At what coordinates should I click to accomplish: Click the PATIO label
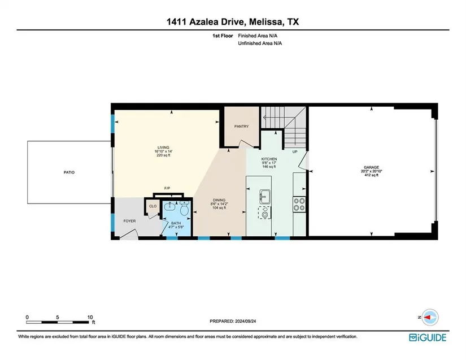pos(69,172)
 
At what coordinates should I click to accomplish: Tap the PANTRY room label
pos(241,127)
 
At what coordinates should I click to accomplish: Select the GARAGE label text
pos(372,167)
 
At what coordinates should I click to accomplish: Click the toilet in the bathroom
pos(185,208)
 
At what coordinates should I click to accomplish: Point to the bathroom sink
pos(171,206)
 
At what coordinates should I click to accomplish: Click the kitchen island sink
pos(265,197)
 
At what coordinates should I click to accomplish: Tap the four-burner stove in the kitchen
pos(299,204)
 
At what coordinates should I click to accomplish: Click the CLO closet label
pos(153,206)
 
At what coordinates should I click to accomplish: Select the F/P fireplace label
pos(167,188)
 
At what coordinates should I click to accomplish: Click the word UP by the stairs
pos(295,152)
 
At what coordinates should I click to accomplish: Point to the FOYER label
pos(129,221)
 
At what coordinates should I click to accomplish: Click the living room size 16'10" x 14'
pos(163,151)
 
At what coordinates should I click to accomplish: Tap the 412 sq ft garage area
pos(372,175)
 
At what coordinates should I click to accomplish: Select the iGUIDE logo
pos(428,338)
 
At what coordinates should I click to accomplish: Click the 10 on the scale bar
pos(90,317)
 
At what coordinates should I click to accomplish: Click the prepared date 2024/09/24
pos(246,322)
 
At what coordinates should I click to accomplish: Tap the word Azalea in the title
pos(202,21)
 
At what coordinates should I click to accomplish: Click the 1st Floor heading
pos(223,36)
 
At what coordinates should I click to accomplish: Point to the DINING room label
pos(219,200)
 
